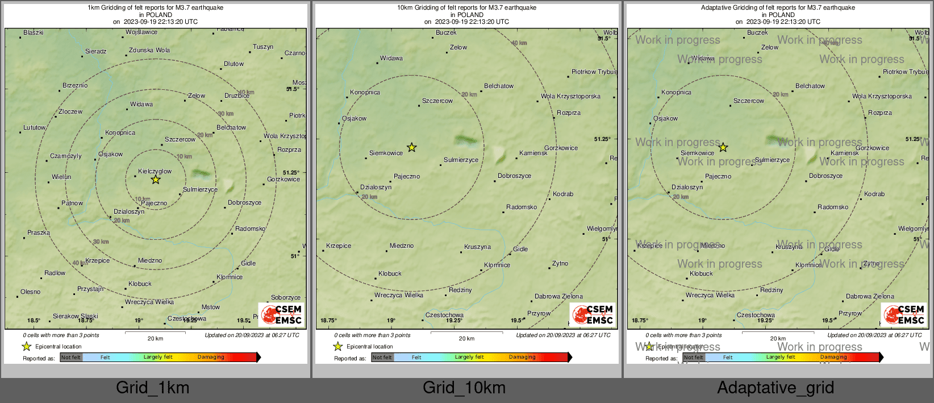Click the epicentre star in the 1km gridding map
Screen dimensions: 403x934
(155, 180)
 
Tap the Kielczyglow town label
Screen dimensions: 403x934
(155, 171)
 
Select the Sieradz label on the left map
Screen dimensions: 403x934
(96, 51)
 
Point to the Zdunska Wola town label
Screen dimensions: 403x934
(149, 50)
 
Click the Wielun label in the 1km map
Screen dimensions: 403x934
(61, 177)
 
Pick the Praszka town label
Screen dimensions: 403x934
(39, 232)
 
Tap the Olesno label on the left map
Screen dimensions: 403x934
(31, 292)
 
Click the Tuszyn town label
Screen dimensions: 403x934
(263, 47)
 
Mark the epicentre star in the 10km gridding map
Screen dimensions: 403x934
(412, 148)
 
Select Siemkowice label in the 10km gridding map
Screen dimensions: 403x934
(386, 153)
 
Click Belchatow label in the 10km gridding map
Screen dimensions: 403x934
(499, 86)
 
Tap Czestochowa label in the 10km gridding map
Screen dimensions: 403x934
(444, 315)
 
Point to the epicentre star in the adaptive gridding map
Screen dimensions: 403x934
(723, 148)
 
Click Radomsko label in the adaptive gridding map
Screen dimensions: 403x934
(833, 207)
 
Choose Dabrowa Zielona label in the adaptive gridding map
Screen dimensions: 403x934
(870, 296)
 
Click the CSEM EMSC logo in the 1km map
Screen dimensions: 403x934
(281, 314)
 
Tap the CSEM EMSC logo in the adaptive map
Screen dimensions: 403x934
(904, 314)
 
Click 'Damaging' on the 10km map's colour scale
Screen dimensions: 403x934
(522, 357)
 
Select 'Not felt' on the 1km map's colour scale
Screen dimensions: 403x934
(71, 357)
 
